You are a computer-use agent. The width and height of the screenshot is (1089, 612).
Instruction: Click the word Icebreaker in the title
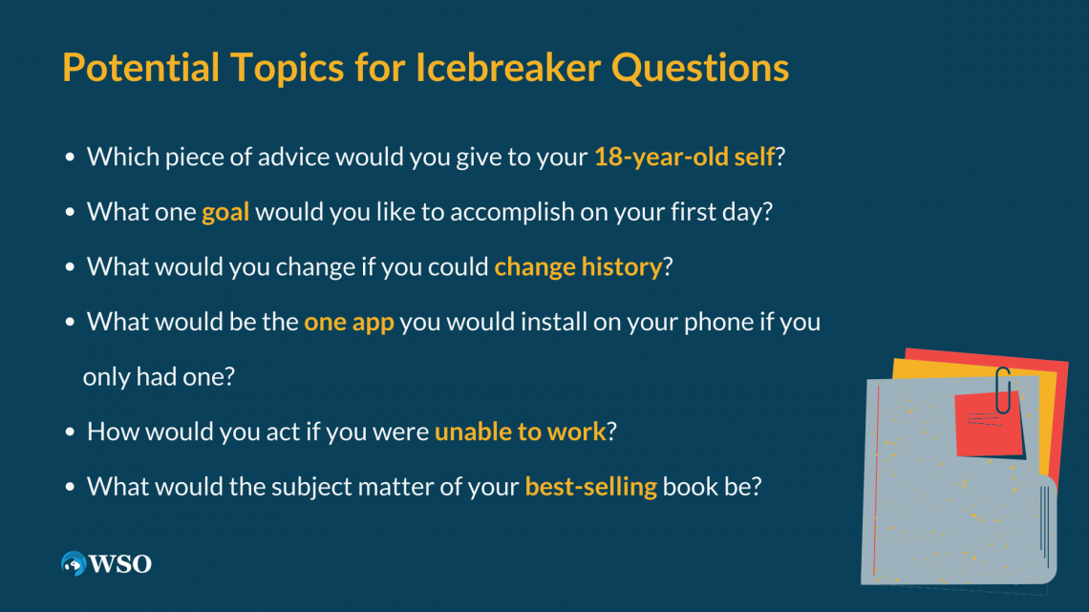click(507, 67)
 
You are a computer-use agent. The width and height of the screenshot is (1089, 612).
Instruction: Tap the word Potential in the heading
click(141, 67)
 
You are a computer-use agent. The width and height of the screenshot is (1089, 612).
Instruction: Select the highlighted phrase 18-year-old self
click(684, 158)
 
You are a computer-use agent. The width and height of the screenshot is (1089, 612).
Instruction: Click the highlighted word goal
click(225, 212)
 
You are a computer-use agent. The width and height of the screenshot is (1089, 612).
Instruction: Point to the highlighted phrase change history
click(578, 267)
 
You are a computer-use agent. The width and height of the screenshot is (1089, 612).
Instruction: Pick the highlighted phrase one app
click(349, 323)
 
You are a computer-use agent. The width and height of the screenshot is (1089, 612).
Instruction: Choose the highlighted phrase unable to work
click(521, 432)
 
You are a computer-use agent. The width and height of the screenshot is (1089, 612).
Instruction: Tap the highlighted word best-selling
click(590, 486)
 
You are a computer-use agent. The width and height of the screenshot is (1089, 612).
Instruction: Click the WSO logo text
click(120, 563)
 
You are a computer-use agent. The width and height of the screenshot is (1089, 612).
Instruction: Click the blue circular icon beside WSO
click(73, 563)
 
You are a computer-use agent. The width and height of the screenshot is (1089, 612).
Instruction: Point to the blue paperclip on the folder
click(1003, 390)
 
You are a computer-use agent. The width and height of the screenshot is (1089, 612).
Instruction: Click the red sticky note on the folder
click(989, 425)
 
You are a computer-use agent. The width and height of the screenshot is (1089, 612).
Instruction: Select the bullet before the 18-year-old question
click(70, 158)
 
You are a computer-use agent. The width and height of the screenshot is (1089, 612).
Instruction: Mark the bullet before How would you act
click(70, 432)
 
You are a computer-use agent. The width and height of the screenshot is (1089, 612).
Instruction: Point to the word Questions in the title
click(700, 67)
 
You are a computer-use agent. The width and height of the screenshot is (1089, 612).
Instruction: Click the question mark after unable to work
click(612, 432)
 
